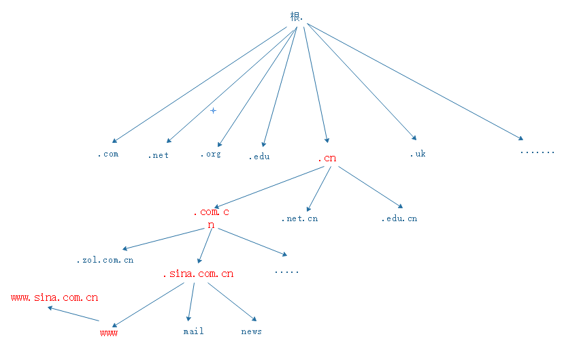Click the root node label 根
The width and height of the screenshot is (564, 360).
click(x=295, y=16)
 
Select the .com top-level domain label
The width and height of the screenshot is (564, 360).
click(x=107, y=154)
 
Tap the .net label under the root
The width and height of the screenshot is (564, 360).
click(x=158, y=155)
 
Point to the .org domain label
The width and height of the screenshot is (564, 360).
click(x=210, y=154)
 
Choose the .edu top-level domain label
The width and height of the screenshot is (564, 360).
click(x=259, y=157)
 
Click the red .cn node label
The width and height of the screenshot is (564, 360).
click(x=327, y=159)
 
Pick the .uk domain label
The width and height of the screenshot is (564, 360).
click(x=417, y=154)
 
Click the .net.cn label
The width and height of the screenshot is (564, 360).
click(x=299, y=219)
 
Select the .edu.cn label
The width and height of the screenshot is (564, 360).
click(x=399, y=219)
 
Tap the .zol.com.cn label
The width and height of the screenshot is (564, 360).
click(x=105, y=261)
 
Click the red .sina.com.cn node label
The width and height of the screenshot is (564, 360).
click(x=198, y=274)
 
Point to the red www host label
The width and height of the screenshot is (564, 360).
click(x=109, y=333)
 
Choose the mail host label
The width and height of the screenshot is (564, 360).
click(x=193, y=331)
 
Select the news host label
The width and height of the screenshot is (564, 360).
click(x=251, y=331)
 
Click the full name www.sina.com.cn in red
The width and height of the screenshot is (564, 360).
click(x=54, y=297)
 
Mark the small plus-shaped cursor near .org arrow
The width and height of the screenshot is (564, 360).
click(x=213, y=110)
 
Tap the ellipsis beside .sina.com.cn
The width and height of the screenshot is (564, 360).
click(x=286, y=272)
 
